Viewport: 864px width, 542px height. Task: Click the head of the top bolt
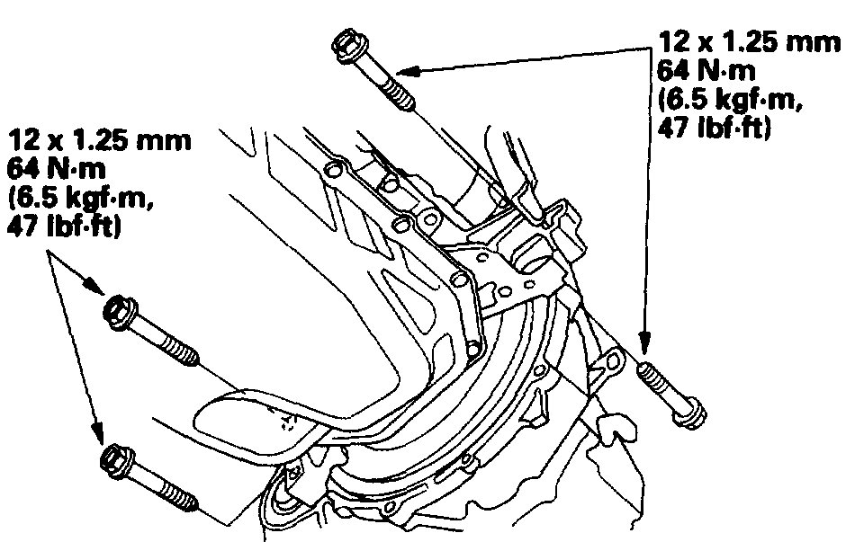click(347, 45)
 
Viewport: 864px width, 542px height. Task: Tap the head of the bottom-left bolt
click(118, 460)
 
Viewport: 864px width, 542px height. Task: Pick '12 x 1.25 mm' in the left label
click(100, 140)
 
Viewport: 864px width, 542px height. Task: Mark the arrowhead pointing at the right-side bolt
click(644, 342)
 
